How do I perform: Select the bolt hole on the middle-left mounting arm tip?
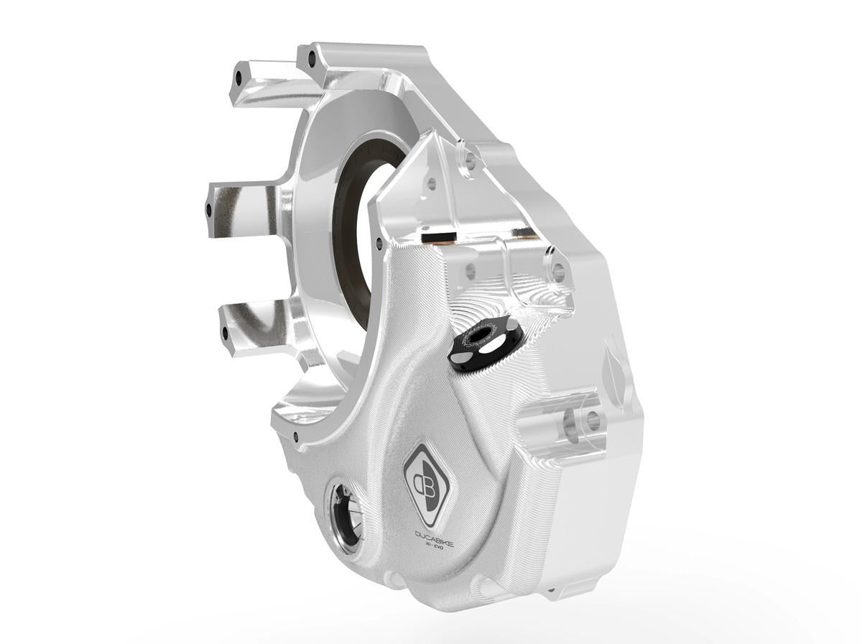tap(210, 211)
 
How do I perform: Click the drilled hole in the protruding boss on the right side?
tap(593, 422)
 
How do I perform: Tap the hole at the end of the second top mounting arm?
tap(311, 57)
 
